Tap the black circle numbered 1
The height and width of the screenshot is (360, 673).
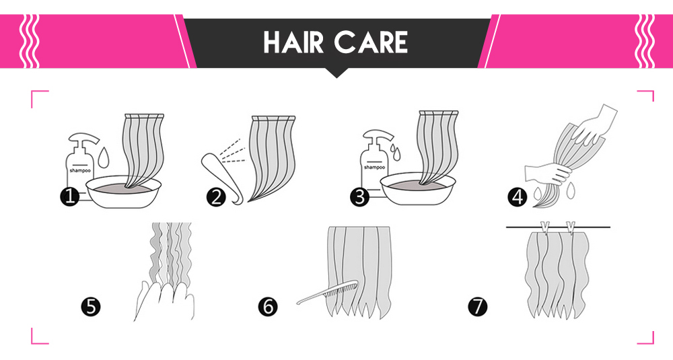pos(69,197)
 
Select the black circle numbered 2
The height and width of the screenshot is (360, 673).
pos(215,197)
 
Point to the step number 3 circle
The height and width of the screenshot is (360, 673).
pos(359,197)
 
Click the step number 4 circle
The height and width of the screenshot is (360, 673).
pos(517,197)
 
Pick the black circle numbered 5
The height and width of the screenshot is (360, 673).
pos(91,307)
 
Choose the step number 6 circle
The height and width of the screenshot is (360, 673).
pos(268,307)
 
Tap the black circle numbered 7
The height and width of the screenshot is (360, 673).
pos(478,307)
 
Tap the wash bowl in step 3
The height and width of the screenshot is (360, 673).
pos(418,189)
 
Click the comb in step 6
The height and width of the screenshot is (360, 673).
pos(327,292)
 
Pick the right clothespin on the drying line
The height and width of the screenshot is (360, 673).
pos(571,228)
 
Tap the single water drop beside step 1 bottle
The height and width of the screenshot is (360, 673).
pos(102,157)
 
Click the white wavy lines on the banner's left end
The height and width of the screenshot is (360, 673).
pos(29,41)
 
